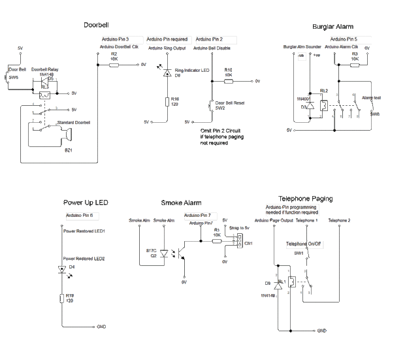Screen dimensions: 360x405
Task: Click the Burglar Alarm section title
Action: pos(332,27)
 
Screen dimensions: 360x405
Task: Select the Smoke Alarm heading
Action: pos(180,203)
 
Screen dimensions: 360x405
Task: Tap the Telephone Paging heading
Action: pos(306,199)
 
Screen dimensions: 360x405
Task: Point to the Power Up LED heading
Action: pos(86,203)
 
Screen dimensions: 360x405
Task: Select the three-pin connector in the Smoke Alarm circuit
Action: pos(240,242)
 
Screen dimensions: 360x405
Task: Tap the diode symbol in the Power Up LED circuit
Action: pos(62,269)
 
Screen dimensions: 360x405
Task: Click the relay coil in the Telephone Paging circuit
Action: pos(291,281)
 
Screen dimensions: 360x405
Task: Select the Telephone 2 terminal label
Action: pos(340,221)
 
